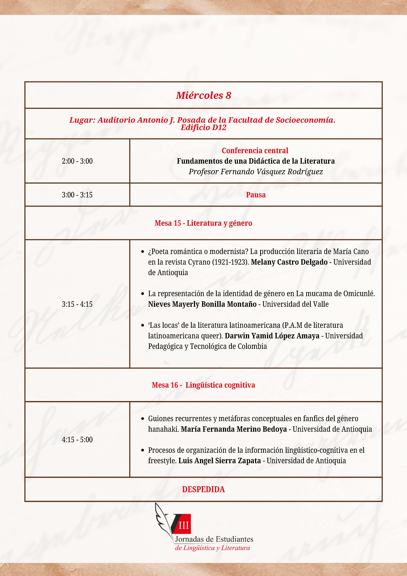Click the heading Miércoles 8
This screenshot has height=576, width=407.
click(x=203, y=95)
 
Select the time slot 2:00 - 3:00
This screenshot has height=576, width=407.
click(x=77, y=161)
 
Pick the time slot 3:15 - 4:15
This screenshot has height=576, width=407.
click(x=77, y=304)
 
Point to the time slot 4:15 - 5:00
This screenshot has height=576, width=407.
click(x=77, y=440)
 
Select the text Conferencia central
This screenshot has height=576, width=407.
click(x=255, y=150)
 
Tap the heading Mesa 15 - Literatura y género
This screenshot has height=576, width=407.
click(x=203, y=223)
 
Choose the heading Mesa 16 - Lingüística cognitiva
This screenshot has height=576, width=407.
click(x=203, y=385)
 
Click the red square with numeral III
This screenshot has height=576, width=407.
click(x=184, y=525)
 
